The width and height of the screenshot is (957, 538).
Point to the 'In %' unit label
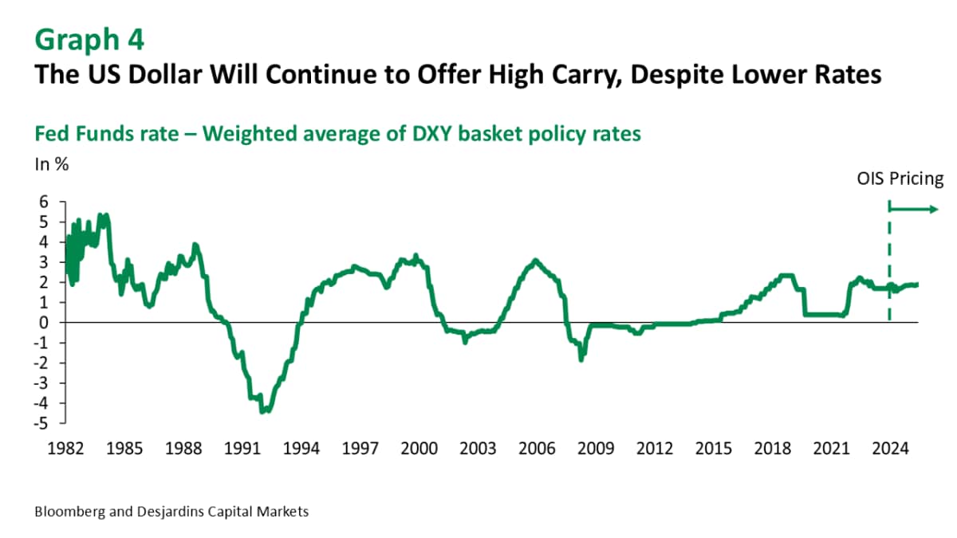[50, 165]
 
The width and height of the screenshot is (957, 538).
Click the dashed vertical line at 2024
[889, 263]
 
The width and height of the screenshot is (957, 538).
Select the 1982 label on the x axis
[66, 450]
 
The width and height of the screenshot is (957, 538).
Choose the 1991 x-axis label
[242, 450]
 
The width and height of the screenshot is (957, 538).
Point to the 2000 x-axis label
[419, 450]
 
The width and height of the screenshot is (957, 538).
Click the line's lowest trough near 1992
[264, 410]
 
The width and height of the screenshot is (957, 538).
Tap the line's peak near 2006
[535, 261]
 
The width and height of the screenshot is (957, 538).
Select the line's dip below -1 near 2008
[581, 359]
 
